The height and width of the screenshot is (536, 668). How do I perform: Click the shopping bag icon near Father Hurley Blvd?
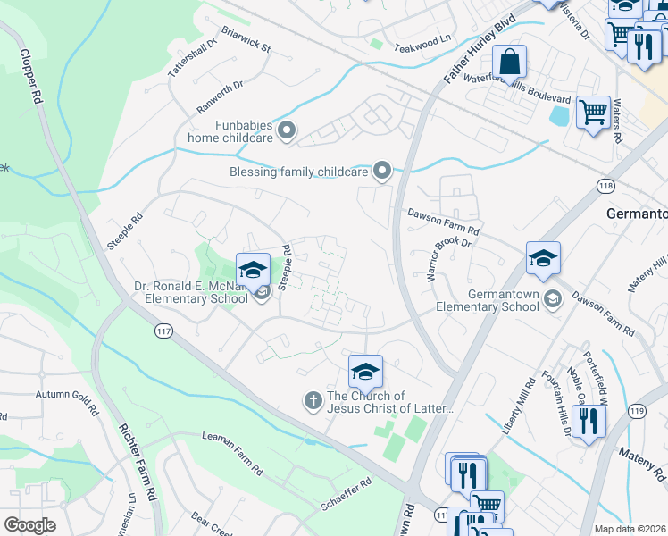click(509, 63)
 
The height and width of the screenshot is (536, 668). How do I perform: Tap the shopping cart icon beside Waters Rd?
click(592, 113)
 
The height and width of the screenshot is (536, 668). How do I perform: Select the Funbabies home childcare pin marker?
click(287, 131)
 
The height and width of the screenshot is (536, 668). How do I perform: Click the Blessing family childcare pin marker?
click(382, 170)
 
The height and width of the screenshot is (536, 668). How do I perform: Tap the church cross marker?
click(313, 400)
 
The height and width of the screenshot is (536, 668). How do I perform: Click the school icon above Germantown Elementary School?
click(543, 259)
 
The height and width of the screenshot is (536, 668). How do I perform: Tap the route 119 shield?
click(636, 411)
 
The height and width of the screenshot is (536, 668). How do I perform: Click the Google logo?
click(29, 524)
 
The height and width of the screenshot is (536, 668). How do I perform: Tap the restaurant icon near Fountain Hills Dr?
click(587, 420)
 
